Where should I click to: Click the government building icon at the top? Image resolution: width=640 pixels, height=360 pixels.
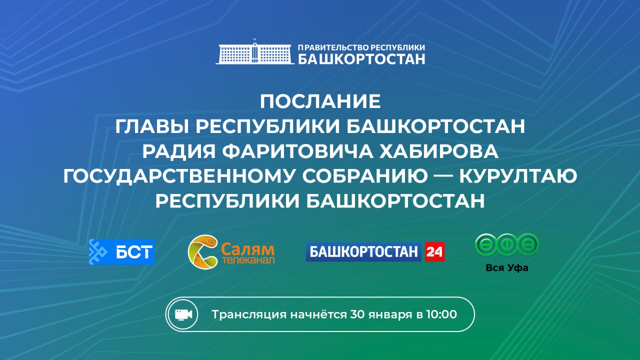click(x=254, y=52)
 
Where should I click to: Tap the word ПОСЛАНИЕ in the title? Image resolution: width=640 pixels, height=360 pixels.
click(x=320, y=101)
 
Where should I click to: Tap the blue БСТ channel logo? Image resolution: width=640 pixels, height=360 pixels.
click(x=121, y=251)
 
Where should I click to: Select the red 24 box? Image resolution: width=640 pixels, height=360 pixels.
click(x=434, y=252)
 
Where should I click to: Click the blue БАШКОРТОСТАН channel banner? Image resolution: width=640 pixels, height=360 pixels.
click(x=364, y=252)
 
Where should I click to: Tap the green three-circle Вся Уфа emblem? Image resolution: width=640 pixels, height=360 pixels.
click(x=506, y=245)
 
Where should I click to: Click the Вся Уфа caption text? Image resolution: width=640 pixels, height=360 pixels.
click(x=506, y=268)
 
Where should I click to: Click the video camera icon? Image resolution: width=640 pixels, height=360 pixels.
click(x=183, y=314)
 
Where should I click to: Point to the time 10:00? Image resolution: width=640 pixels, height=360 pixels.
click(x=441, y=314)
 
